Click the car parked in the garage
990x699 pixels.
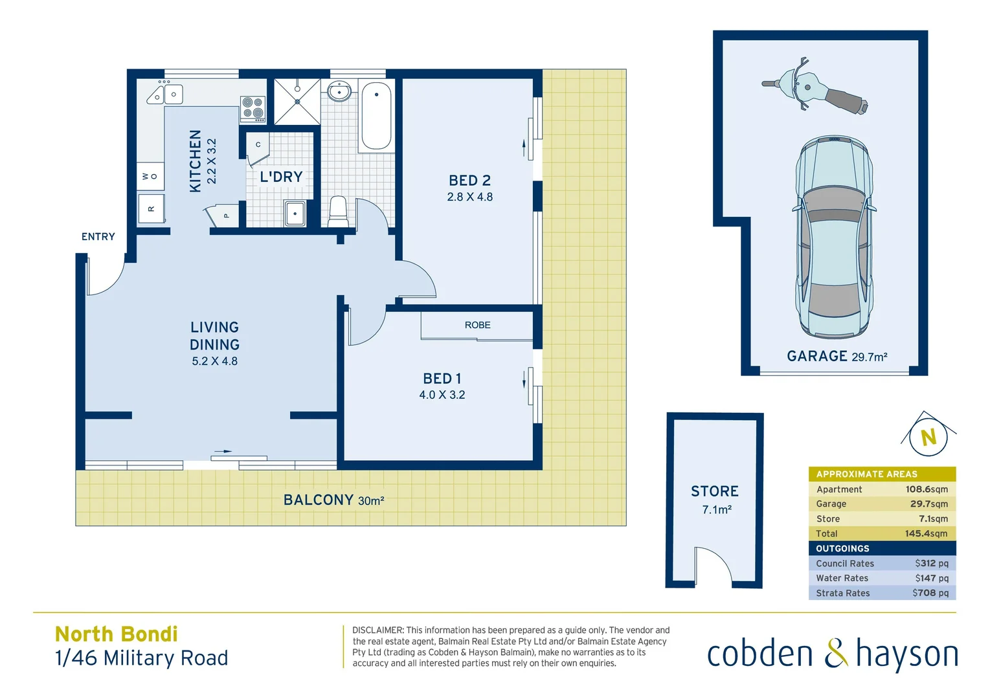[x=834, y=236]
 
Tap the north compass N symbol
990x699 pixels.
[x=928, y=438]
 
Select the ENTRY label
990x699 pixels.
[x=98, y=237]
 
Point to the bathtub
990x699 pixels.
[x=376, y=115]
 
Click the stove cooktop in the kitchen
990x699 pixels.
[x=253, y=109]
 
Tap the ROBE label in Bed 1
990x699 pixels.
[x=477, y=325]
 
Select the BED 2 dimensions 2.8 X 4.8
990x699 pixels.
[x=469, y=197]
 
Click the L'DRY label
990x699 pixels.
[x=281, y=177]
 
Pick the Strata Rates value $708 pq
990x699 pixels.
[x=930, y=593]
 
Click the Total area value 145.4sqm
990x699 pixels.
[x=926, y=533]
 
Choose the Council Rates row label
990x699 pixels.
[x=844, y=564]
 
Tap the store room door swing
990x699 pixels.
[x=712, y=564]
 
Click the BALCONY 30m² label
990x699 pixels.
[x=333, y=500]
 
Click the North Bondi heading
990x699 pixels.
[x=117, y=634]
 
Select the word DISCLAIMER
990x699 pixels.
[x=377, y=630]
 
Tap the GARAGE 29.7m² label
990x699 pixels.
[x=837, y=356]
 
